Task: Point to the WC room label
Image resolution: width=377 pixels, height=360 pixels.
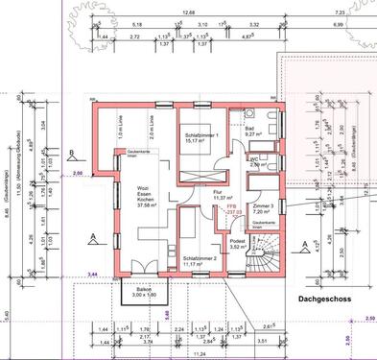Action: [254, 162]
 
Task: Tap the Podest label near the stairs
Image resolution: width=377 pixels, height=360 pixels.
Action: [239, 245]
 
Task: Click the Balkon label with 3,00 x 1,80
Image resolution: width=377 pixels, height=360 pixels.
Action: [143, 291]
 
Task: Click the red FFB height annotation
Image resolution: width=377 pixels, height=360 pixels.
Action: [231, 208]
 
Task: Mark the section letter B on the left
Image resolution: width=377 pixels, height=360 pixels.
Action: [73, 152]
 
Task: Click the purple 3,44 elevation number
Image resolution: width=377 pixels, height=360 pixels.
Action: [92, 275]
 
